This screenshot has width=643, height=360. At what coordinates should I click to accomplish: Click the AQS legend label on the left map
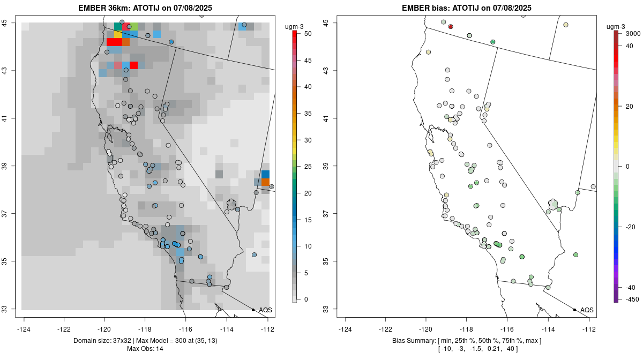[265, 310]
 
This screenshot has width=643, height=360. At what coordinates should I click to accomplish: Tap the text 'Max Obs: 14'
[145, 349]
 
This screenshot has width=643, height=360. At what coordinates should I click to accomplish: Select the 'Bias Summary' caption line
[467, 341]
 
